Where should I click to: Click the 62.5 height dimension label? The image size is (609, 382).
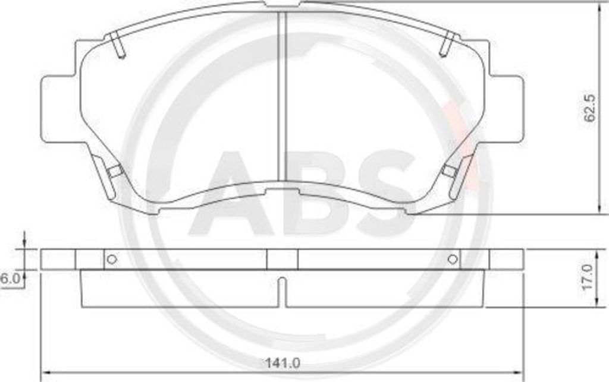coord(589,109)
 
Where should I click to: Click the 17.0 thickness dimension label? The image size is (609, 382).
coord(588,277)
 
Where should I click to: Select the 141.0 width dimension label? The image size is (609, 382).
coord(282,364)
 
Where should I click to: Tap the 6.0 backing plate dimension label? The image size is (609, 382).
coord(10,278)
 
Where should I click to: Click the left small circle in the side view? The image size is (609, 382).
coord(112,259)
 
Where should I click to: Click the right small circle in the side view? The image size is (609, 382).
coord(453,259)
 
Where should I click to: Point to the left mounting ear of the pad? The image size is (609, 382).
coord(58,109)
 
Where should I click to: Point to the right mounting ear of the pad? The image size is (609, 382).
coord(505,109)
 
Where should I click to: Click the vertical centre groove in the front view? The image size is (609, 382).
coord(282,96)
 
